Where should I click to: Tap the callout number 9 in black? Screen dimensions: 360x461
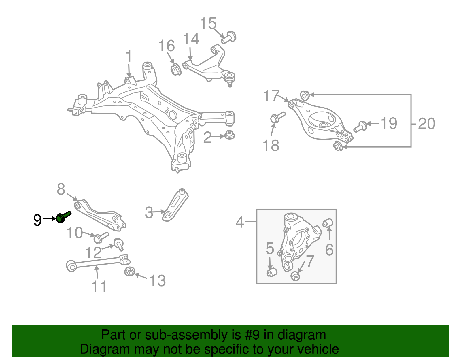tap(37, 220)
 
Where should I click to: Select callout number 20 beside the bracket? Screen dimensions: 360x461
tap(426, 124)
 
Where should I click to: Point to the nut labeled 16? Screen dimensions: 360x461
tap(175, 69)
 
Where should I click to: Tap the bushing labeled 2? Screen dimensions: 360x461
tap(229, 135)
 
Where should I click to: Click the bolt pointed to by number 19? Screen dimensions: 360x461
tap(360, 127)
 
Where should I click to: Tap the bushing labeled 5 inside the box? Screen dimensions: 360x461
tap(271, 272)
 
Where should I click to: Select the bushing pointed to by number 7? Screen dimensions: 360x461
tap(295, 276)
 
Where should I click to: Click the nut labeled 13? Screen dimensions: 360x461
tap(130, 271)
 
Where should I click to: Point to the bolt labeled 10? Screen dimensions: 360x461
tap(100, 238)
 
